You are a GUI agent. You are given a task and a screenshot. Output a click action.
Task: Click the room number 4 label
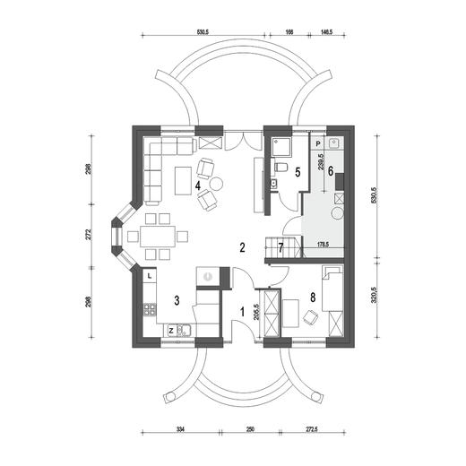tap(198, 186)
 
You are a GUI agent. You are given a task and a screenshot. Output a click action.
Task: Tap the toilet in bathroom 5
tap(281, 167)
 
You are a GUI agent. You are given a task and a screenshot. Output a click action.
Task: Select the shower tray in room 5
tap(281, 147)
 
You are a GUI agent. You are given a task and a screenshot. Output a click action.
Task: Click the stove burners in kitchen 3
tap(150, 309)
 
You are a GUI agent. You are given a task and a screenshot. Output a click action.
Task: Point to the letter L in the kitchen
tap(150, 276)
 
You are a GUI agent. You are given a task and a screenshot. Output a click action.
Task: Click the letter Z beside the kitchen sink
tap(171, 331)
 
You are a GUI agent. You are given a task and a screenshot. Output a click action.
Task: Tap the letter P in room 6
tap(318, 144)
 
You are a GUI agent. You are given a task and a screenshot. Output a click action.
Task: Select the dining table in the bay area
tap(158, 237)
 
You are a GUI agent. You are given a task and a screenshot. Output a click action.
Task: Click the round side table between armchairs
tap(216, 184)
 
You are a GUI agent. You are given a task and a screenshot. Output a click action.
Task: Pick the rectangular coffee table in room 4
tap(183, 181)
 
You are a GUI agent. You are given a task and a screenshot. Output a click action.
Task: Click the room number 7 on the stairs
tap(280, 247)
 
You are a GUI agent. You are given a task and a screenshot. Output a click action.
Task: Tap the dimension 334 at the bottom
tap(180, 429)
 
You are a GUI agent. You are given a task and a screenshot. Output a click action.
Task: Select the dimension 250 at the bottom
tap(250, 429)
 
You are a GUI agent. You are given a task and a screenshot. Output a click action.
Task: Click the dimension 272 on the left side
tap(88, 235)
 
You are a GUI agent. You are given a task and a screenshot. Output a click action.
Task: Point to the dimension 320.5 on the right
tap(374, 296)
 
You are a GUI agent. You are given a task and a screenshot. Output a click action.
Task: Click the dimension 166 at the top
tap(289, 32)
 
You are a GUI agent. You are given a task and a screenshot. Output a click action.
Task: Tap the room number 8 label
tap(313, 298)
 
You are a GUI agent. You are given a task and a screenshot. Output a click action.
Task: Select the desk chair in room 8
tap(311, 317)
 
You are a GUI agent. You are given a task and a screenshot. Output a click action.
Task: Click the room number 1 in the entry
tap(243, 312)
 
